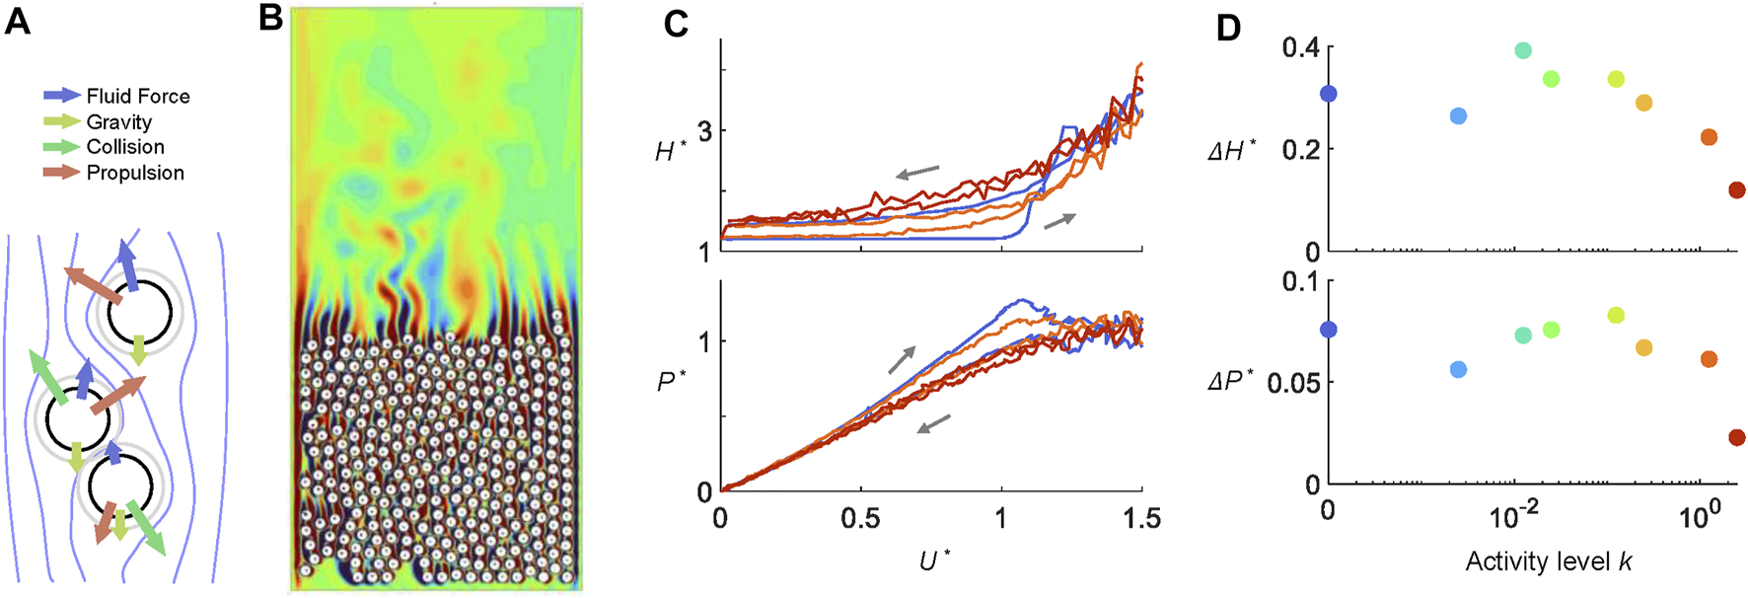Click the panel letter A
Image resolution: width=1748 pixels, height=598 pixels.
[17, 21]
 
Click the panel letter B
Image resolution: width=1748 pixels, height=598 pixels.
[270, 18]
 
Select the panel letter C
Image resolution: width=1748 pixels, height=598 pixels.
[675, 23]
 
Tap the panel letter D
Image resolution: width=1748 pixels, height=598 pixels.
[1227, 28]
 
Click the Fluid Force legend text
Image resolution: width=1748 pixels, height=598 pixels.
[138, 96]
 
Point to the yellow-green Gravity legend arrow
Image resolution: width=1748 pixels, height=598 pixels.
[62, 121]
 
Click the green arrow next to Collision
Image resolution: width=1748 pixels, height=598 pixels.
[62, 147]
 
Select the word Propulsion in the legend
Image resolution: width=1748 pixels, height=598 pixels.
[135, 173]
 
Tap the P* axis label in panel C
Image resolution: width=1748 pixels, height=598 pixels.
[671, 382]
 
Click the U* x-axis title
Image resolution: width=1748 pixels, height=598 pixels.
[933, 561]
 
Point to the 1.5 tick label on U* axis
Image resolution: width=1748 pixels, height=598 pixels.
[1141, 519]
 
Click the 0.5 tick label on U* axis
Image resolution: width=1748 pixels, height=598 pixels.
[860, 519]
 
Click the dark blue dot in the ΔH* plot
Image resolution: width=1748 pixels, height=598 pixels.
[1328, 94]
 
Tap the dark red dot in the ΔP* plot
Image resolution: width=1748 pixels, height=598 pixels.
[1736, 437]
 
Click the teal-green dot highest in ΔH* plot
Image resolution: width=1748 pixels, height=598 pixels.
[1522, 50]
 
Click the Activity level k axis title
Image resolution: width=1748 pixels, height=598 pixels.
[1548, 562]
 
